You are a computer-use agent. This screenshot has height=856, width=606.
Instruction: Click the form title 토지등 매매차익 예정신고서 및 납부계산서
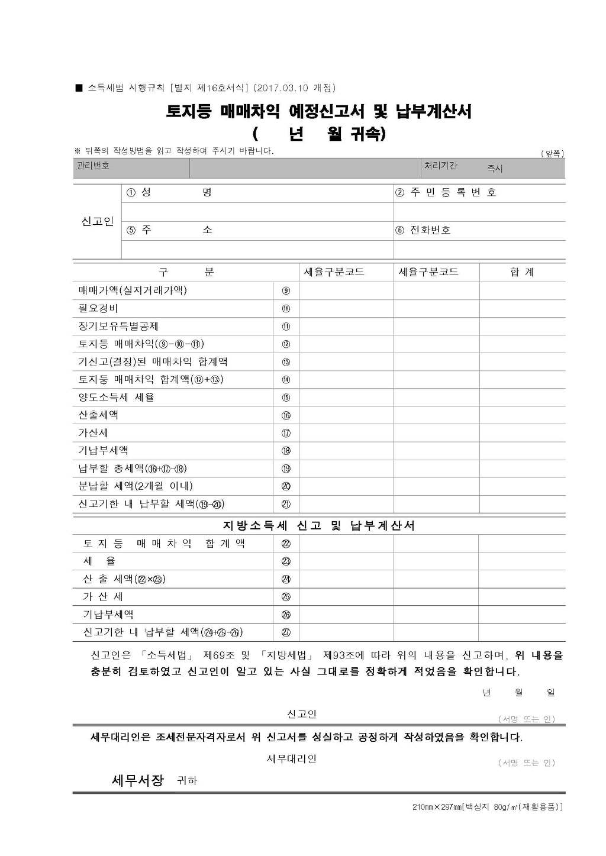click(318, 111)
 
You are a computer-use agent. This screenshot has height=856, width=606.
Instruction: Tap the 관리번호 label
click(93, 166)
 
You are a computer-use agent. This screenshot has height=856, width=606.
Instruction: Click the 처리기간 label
click(440, 166)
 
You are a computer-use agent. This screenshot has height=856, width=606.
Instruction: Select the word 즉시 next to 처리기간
click(494, 169)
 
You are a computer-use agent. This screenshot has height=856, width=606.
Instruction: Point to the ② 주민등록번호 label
click(446, 193)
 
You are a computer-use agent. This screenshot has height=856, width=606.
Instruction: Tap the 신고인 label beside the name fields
click(97, 221)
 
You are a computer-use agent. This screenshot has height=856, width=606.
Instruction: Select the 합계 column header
click(522, 272)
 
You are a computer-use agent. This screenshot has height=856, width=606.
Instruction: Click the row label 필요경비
click(98, 308)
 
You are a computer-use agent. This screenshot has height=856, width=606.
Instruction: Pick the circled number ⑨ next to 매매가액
click(286, 290)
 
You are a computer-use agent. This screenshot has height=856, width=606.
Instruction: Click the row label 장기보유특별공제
click(118, 327)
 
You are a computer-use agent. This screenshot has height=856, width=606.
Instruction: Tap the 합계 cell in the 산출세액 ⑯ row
click(522, 415)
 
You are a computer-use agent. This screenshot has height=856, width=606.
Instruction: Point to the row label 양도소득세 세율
click(116, 398)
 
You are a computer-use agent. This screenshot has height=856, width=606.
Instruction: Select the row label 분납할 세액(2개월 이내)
click(136, 486)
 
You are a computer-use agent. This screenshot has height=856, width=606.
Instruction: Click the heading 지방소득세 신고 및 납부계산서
click(318, 525)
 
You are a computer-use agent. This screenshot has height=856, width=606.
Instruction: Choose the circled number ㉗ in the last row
click(286, 632)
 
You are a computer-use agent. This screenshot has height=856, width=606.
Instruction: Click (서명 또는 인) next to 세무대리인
click(526, 763)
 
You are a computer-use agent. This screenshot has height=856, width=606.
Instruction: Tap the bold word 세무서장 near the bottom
click(137, 780)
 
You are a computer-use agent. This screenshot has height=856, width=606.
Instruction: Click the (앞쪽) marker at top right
click(552, 154)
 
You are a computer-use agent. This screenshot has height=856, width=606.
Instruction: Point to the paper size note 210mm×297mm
click(437, 807)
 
